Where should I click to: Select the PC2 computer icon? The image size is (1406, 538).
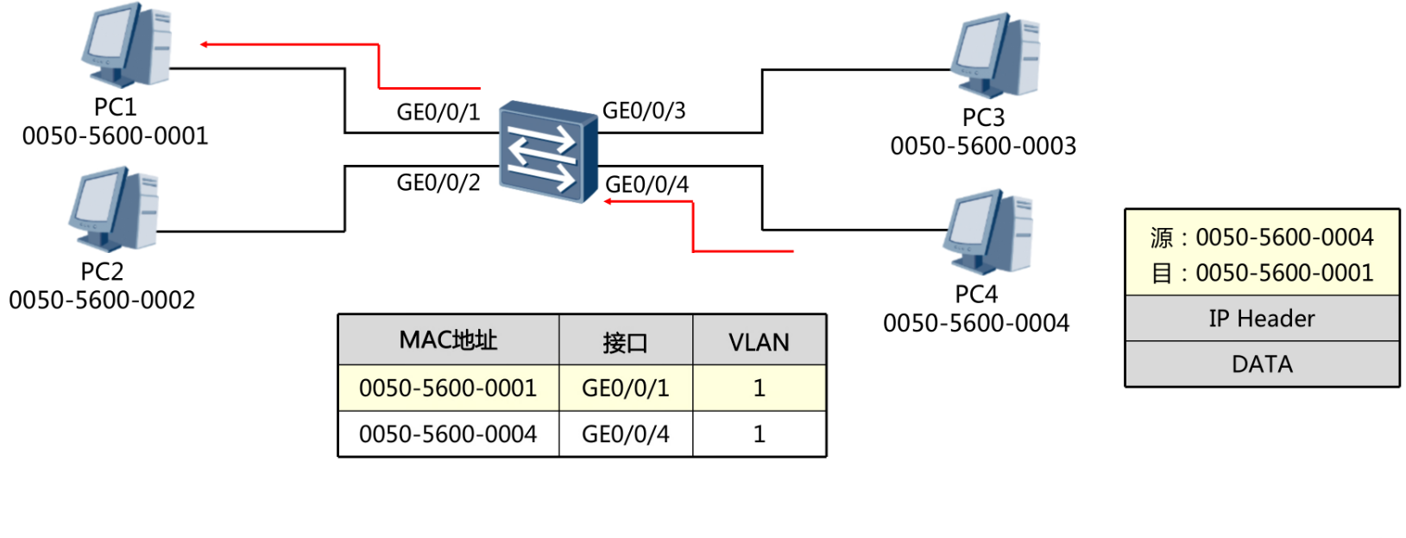pos(114,209)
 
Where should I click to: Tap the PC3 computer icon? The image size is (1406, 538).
pos(995,54)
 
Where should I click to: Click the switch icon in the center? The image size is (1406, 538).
pos(548,151)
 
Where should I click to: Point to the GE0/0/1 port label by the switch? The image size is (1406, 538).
pos(438,112)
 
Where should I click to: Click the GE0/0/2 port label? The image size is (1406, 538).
pos(438,183)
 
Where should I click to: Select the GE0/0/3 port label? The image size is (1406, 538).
pos(644,111)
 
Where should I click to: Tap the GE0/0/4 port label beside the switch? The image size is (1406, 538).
pos(646,185)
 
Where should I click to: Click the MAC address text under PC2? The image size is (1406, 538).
pos(102,301)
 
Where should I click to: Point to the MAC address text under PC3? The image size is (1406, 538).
pos(983,146)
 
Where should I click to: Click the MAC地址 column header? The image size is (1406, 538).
pos(448,340)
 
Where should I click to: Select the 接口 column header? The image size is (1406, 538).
pos(625,343)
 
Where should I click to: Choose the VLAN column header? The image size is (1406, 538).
pos(759,343)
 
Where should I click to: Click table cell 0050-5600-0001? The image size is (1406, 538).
pos(448,389)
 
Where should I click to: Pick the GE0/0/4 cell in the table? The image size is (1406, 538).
pos(625,434)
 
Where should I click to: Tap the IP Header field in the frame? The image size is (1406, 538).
pos(1261,319)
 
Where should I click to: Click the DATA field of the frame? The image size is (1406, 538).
pos(1261,364)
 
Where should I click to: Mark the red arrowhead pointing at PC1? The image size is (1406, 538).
pos(205,44)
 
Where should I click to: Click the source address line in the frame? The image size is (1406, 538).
pos(1261,237)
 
